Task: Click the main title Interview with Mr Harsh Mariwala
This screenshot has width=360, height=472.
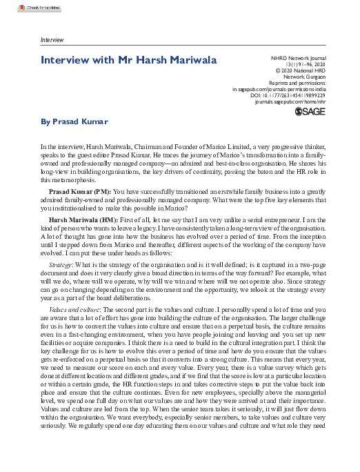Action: pos(128,61)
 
